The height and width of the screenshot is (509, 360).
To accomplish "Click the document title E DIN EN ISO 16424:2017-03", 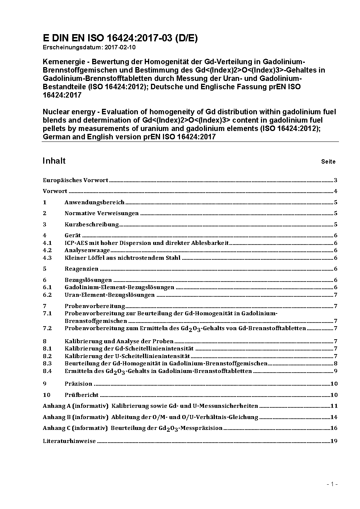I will pos(120,38).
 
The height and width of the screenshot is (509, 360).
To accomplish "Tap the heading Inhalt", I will pos(54,161).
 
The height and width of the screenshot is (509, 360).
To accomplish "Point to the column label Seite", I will pos(328,161).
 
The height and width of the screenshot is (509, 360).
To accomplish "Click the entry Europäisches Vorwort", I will pos(75,180).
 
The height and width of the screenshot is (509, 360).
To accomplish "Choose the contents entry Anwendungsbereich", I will pos(94,202).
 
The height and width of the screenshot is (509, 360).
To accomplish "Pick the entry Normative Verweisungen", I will pos(102,213).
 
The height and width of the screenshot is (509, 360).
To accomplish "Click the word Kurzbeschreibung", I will pos(91,225).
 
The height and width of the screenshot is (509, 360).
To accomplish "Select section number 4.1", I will pos(47,243).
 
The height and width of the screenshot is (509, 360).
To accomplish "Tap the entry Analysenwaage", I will pos(87,250).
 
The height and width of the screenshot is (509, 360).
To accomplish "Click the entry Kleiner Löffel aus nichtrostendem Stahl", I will pos(122,258).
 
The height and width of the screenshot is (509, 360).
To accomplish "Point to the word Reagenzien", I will pos(81,269).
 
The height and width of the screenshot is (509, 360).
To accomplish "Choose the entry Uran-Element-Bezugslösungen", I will pos(110,295).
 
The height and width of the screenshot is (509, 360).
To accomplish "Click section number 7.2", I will pos(47,328).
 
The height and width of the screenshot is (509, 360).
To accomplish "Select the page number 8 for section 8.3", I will pos(336,364).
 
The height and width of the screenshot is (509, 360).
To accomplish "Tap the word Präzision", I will pos(78,384).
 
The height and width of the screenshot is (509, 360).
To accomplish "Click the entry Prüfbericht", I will pos(81,395).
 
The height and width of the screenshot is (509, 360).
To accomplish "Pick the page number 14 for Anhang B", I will pos(334,417).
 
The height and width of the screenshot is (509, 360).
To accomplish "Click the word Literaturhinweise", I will pos(69,441).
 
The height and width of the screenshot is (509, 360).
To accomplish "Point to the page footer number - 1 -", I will pos(332,484).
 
